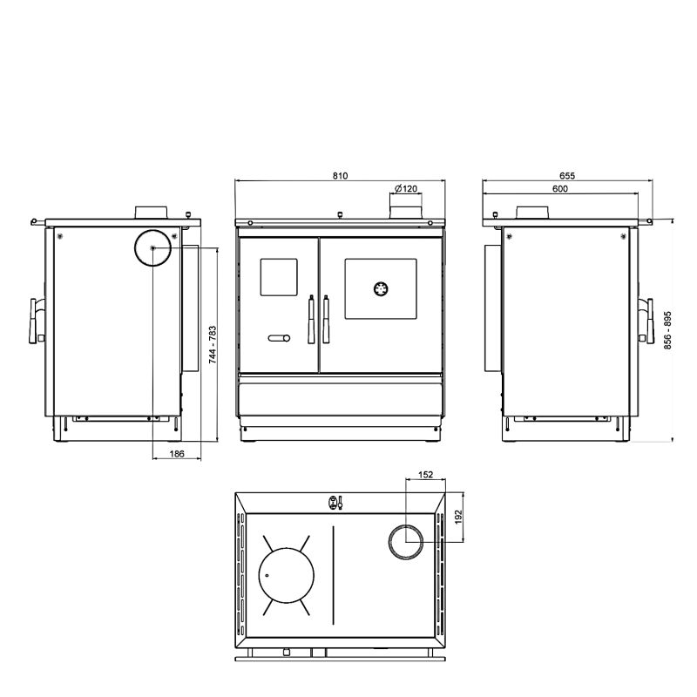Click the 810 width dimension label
click(x=340, y=176)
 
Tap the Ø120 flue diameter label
click(x=406, y=189)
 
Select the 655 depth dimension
click(x=567, y=176)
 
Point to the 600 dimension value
click(x=560, y=189)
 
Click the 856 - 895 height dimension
click(x=667, y=330)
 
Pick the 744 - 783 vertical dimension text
click(x=213, y=345)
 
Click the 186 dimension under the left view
click(x=177, y=454)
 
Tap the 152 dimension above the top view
click(x=425, y=475)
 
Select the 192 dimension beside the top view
click(x=458, y=517)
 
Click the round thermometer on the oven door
click(x=381, y=289)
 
